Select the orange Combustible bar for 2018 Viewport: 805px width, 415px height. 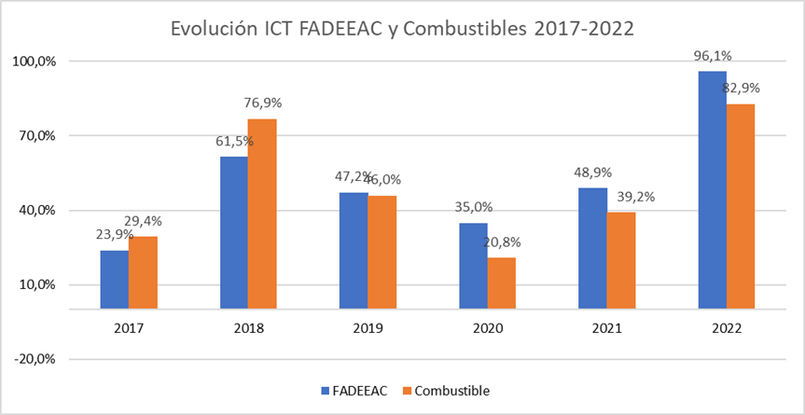coord(262,214)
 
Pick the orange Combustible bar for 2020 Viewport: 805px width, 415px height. coord(501,283)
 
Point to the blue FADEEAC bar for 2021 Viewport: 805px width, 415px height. coord(592,248)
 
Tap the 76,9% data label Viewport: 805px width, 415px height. coord(262,103)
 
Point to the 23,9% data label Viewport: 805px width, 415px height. coord(115,234)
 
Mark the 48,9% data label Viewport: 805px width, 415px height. coord(592,173)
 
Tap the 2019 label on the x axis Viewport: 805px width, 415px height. coord(368,328)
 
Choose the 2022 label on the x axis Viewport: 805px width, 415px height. coord(727,328)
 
